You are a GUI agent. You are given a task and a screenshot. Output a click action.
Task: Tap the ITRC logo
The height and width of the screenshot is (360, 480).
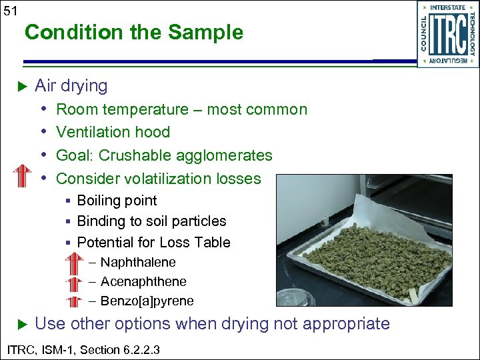tap(447, 34)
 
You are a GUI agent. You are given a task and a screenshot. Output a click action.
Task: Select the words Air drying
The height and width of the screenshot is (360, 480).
tap(71, 85)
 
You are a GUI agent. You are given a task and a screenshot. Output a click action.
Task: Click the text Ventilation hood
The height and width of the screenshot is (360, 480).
tap(113, 132)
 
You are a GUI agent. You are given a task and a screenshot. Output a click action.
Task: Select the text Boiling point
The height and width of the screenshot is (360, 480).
tap(117, 201)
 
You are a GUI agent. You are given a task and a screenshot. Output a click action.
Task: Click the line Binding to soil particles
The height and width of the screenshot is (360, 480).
tap(151, 221)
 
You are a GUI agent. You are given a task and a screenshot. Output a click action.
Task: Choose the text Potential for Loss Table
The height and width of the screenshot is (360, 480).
tap(153, 242)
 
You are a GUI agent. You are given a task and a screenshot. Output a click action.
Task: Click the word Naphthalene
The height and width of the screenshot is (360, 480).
tap(137, 263)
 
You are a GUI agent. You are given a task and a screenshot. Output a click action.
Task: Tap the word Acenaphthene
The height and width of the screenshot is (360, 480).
tap(143, 282)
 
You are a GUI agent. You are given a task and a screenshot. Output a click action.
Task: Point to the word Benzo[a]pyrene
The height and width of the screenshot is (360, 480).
tap(147, 301)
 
